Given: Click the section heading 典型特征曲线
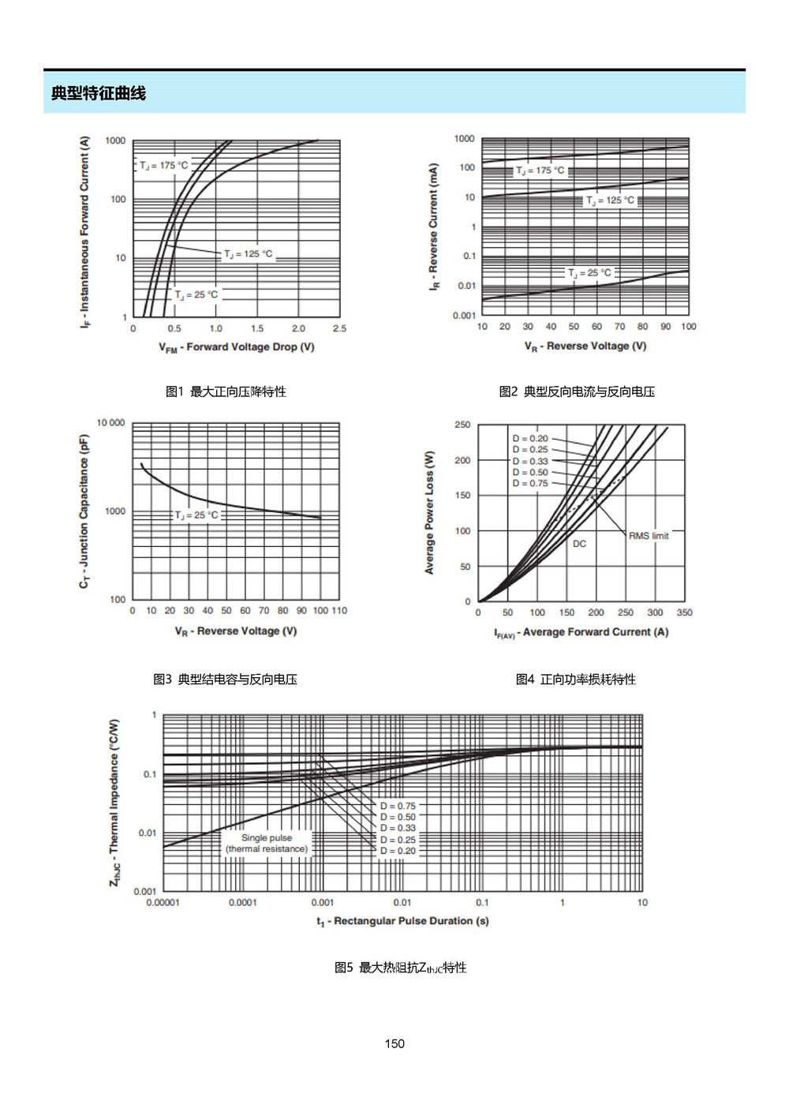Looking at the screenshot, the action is click(98, 93).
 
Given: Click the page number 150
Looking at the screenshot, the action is click(394, 1043).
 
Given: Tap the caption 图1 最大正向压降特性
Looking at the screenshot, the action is click(226, 391).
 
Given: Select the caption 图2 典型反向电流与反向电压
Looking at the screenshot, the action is click(577, 391).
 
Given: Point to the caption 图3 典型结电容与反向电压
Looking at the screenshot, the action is click(225, 679).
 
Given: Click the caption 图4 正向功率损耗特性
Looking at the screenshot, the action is click(576, 679).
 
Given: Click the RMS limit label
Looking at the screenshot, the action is click(649, 536).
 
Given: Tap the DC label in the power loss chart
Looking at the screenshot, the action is click(579, 544).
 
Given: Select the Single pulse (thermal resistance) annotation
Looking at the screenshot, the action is click(267, 843).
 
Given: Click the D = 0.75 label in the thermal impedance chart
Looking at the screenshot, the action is click(398, 806).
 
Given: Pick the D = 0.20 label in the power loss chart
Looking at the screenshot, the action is click(530, 439).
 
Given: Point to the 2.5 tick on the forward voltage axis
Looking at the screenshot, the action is click(340, 328).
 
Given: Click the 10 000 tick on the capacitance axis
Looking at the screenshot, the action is click(110, 423).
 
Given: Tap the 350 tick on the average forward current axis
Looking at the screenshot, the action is click(684, 612).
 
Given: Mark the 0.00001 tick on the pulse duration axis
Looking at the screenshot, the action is click(163, 902).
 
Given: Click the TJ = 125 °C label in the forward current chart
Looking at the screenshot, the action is click(249, 254).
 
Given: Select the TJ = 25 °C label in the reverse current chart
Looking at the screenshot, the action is click(589, 273).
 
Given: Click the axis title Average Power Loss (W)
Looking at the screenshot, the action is click(429, 513).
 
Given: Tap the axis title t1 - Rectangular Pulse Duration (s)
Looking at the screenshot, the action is click(402, 921).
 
